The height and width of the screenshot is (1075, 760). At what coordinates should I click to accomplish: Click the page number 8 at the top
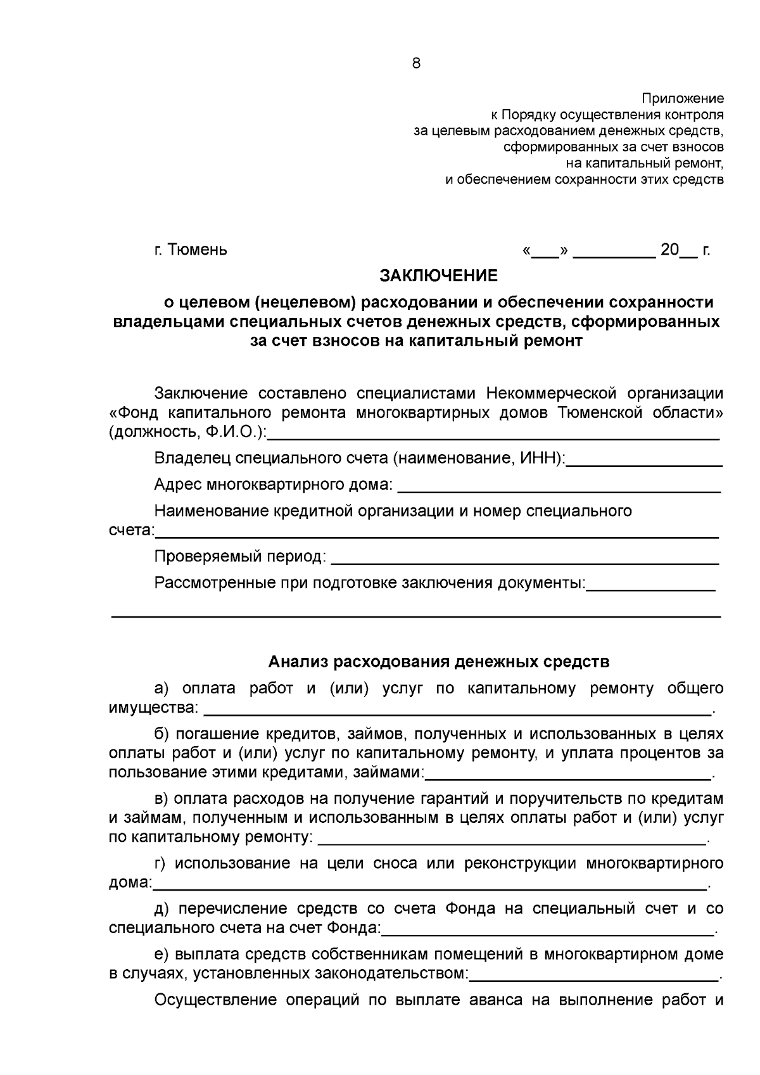tap(416, 63)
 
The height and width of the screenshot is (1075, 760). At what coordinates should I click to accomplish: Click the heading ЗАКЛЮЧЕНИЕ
tap(438, 276)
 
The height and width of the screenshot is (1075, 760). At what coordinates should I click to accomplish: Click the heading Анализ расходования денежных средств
tap(438, 662)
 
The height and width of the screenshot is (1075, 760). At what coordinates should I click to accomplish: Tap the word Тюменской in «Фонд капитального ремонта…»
tap(598, 413)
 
